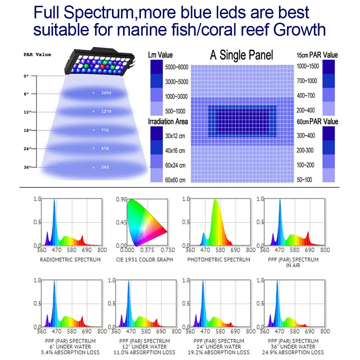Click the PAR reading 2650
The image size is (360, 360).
[x=106, y=93]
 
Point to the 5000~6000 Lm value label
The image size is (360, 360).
[x=176, y=68]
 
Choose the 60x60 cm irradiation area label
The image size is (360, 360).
[x=175, y=180]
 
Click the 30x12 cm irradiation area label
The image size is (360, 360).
[x=175, y=136]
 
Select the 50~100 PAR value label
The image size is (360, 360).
[x=305, y=180]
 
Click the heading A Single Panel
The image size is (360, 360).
[x=242, y=55]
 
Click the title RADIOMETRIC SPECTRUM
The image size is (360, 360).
[x=70, y=260]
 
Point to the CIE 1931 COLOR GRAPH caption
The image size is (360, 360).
[x=145, y=260]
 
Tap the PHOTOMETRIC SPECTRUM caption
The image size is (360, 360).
[x=219, y=260]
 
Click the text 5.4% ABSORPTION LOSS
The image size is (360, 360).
[x=70, y=352]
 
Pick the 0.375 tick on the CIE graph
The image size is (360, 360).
[x=147, y=250]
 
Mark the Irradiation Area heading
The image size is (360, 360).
[x=168, y=122]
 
